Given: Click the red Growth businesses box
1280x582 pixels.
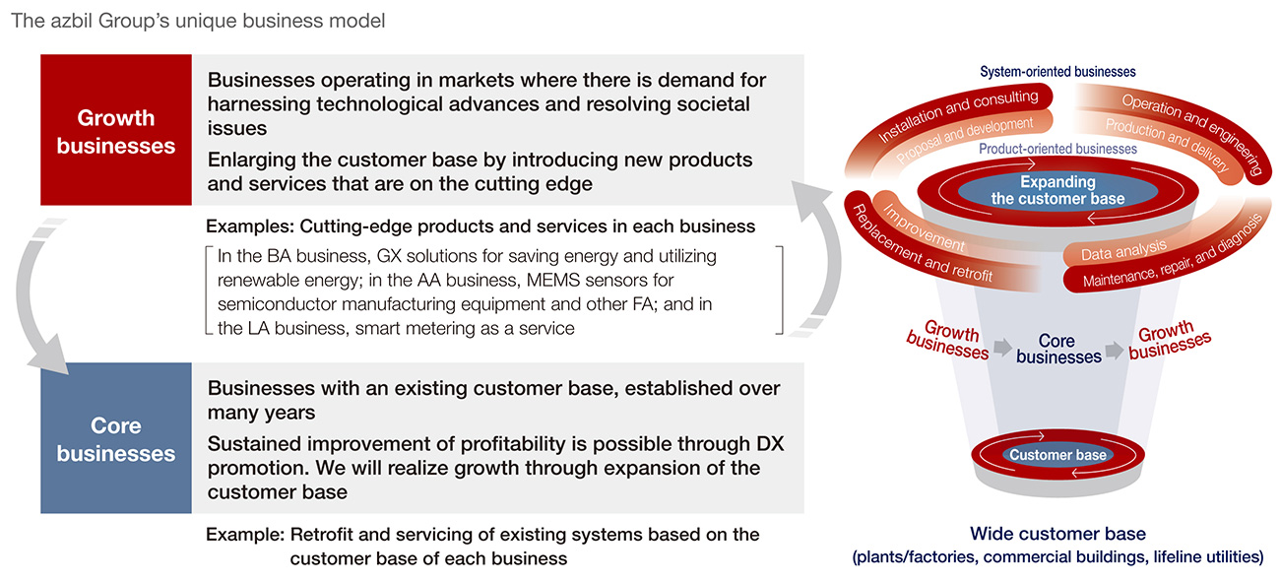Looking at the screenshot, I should tap(116, 131).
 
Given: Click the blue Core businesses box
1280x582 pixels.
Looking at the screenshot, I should tap(116, 439).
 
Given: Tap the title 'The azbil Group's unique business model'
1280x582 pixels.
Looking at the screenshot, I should tap(198, 21).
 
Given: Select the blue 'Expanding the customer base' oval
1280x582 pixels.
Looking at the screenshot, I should tap(1057, 190).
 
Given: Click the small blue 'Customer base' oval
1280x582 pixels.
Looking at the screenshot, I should tap(1057, 455).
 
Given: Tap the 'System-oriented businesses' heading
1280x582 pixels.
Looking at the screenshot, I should tap(1057, 72).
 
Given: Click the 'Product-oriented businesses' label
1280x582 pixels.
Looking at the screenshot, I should tap(1057, 149).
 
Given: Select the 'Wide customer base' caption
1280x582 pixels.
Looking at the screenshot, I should tap(1057, 534).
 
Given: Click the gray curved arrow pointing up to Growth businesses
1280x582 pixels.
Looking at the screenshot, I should tap(816, 266).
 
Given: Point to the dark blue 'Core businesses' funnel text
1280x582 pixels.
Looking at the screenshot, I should tap(1057, 349).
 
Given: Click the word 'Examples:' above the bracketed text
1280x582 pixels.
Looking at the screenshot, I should tap(249, 226).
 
